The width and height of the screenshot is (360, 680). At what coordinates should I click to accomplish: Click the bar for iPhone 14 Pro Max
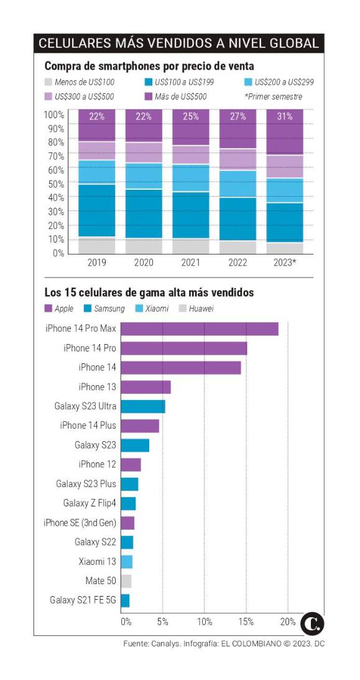(199, 328)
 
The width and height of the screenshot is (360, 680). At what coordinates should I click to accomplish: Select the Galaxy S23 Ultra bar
(142, 406)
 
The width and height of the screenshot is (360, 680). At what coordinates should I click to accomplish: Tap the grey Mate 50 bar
(126, 581)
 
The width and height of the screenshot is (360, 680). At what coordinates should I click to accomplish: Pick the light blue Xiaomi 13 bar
(126, 562)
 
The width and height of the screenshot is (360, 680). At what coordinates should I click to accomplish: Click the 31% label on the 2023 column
(285, 116)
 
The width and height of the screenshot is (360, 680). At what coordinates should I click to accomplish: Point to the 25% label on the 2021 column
(190, 116)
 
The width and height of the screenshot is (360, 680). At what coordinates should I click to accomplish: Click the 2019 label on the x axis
(96, 263)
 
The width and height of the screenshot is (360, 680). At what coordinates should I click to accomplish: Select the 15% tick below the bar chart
(246, 622)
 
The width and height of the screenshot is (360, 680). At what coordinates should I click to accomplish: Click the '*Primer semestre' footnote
(274, 96)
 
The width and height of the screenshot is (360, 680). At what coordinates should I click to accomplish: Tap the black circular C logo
(313, 623)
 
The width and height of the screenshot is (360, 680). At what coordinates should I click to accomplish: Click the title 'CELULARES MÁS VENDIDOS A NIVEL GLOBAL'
(179, 43)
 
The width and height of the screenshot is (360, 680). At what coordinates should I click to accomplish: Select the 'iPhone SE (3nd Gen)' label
(80, 523)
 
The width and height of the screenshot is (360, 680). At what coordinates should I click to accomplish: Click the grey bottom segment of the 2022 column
(238, 247)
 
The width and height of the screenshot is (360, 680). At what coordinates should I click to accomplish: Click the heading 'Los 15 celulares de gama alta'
(149, 292)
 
